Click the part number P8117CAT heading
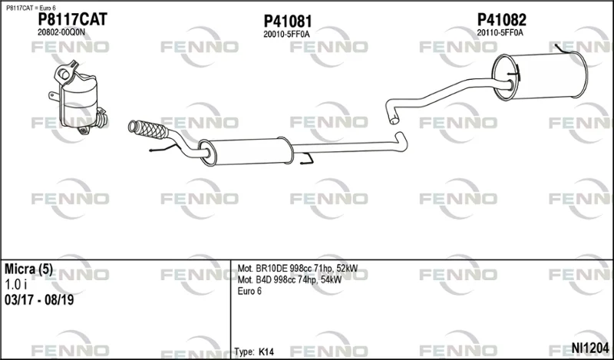click(72, 19)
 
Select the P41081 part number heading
click(287, 21)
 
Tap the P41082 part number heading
click(501, 20)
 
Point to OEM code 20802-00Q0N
click(61, 32)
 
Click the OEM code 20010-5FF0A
click(286, 35)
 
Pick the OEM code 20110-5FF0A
click(500, 33)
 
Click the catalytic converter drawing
click(79, 98)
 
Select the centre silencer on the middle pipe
click(246, 151)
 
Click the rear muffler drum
click(540, 77)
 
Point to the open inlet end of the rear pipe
click(394, 120)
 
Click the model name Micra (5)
click(28, 269)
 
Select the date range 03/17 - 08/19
click(39, 300)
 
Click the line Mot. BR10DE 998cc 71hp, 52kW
click(297, 269)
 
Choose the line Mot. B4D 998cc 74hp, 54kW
click(289, 279)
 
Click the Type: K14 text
click(254, 352)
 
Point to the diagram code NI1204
click(590, 348)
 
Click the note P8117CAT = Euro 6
click(31, 8)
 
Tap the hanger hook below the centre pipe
click(307, 159)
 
